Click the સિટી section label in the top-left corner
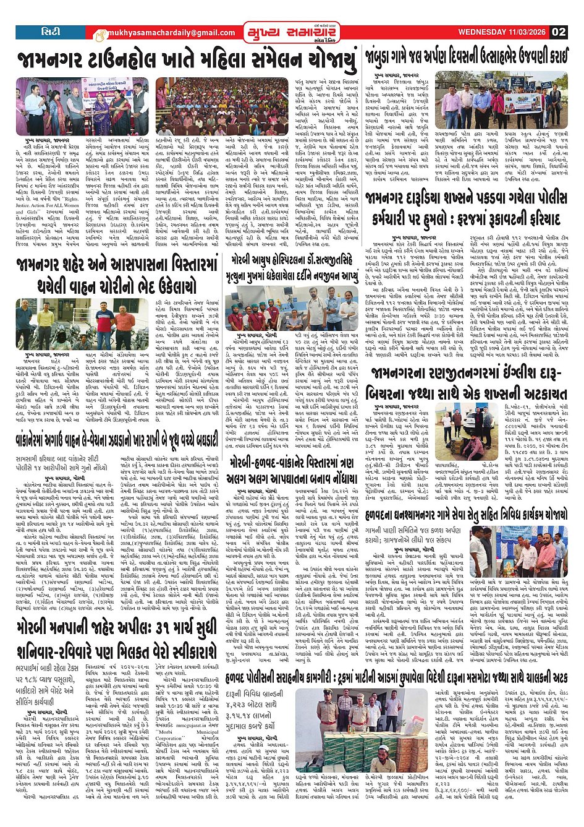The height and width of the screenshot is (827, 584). pos(50,32)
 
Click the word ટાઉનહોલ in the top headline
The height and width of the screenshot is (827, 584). pos(134,61)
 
